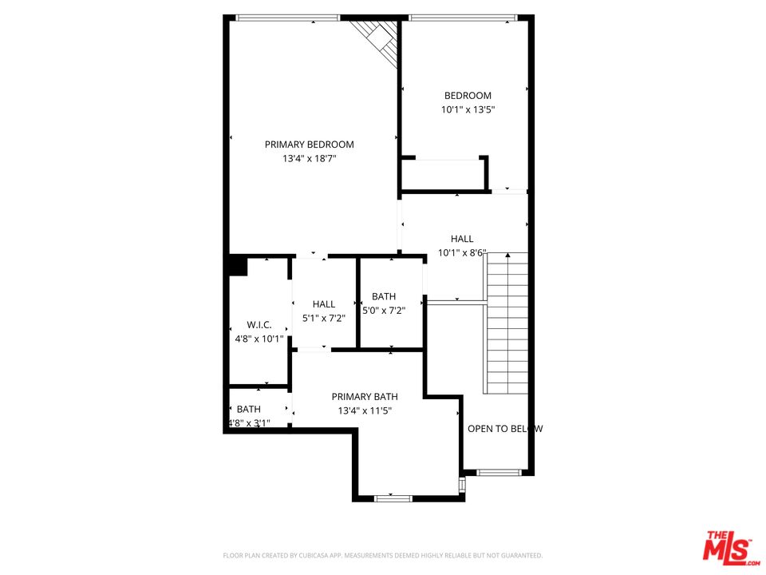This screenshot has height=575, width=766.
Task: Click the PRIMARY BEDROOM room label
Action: click(x=309, y=145)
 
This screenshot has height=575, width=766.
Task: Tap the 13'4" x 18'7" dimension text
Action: click(x=309, y=159)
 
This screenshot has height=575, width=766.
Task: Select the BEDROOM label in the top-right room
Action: click(x=468, y=96)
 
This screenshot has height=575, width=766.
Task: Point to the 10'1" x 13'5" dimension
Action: click(x=468, y=110)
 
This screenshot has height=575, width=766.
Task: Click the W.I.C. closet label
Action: click(x=259, y=325)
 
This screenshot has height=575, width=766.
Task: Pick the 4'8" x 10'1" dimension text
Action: click(x=259, y=339)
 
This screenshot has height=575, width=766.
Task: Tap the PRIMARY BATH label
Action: click(x=365, y=397)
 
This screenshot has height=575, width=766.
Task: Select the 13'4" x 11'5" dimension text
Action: click(x=365, y=410)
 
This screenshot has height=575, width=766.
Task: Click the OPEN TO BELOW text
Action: click(x=504, y=429)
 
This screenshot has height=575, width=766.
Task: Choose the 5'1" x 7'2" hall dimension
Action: click(x=324, y=318)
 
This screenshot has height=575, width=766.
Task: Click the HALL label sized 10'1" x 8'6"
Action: click(x=461, y=239)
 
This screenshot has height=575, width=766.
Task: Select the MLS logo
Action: click(x=728, y=546)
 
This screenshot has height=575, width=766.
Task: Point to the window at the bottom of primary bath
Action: click(x=393, y=498)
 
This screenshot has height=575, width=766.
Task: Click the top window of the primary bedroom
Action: click(x=288, y=18)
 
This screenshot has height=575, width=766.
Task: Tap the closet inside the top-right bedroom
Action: click(x=443, y=174)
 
